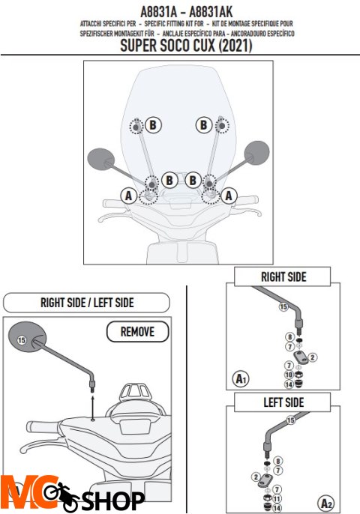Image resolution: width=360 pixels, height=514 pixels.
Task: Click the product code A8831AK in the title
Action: click(x=211, y=12)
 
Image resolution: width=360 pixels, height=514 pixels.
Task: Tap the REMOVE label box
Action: click(x=137, y=332)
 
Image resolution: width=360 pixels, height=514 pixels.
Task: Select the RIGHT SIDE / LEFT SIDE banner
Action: click(x=87, y=302)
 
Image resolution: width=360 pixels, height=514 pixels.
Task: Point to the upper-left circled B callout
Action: click(x=153, y=125)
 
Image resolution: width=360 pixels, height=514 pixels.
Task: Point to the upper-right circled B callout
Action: click(x=204, y=125)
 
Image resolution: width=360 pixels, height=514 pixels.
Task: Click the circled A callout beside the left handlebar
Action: click(x=129, y=196)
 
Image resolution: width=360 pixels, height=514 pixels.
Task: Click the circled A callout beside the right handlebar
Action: click(x=229, y=196)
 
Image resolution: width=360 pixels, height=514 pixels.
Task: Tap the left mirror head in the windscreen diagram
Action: click(x=101, y=159)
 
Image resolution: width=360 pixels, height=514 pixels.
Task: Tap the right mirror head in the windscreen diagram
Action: click(x=257, y=152)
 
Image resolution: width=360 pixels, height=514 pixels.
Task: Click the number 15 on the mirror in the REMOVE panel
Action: click(x=22, y=340)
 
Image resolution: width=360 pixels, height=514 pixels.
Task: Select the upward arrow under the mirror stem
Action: click(x=93, y=407)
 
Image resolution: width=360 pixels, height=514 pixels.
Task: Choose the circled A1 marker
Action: click(x=241, y=378)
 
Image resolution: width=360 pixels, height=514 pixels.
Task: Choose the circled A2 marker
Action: click(x=325, y=503)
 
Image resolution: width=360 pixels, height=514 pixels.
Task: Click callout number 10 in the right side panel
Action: click(x=289, y=375)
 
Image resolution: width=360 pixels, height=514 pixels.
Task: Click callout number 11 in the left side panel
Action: click(x=277, y=499)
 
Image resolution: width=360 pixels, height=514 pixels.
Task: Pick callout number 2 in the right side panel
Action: click(x=313, y=357)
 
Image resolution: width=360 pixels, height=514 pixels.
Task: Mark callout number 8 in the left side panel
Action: click(x=278, y=461)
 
